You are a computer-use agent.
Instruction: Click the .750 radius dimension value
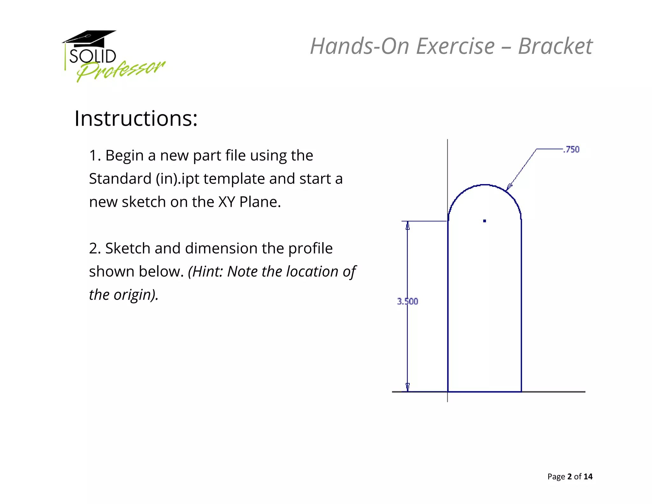tap(571, 149)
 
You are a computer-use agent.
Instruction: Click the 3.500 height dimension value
tap(407, 301)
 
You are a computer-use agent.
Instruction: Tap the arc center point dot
tap(485, 221)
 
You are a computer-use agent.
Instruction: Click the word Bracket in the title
tap(555, 46)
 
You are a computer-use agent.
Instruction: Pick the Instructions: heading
tap(136, 119)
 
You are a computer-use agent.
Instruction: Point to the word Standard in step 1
tap(120, 178)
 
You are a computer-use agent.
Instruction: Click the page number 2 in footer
tap(570, 476)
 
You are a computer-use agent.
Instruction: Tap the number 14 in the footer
tap(588, 476)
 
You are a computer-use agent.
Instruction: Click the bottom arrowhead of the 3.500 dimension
tap(407, 386)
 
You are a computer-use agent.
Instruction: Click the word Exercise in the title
tap(455, 46)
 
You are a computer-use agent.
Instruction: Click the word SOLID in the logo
tap(93, 56)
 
